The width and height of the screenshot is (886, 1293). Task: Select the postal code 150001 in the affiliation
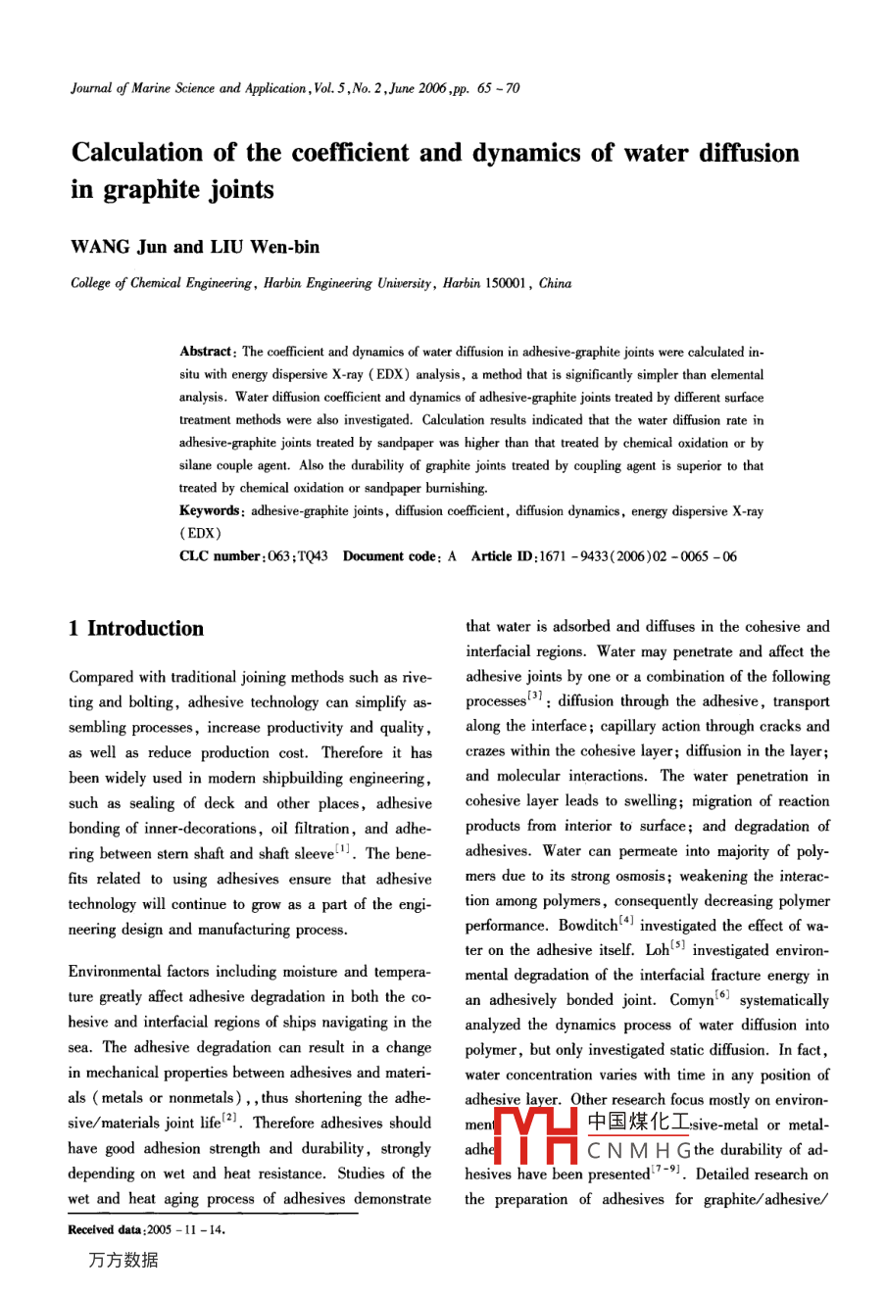click(x=507, y=284)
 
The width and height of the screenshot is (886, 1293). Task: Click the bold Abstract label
click(x=205, y=352)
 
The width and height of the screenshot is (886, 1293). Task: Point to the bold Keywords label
click(x=209, y=510)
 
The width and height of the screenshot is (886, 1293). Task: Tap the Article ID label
click(x=504, y=556)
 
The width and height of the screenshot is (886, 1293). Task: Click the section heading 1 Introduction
click(x=136, y=629)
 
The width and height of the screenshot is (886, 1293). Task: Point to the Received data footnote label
click(x=105, y=1230)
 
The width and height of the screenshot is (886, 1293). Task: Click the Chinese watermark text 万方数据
click(x=123, y=1261)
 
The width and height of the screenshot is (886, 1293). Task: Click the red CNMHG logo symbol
click(x=537, y=1136)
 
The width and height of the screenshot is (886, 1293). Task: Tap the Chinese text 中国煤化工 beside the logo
click(x=638, y=1124)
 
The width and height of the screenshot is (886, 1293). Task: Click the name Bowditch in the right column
click(x=588, y=926)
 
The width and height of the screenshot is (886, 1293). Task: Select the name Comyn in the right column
click(x=691, y=1000)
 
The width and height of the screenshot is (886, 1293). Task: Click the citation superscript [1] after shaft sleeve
click(x=346, y=850)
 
